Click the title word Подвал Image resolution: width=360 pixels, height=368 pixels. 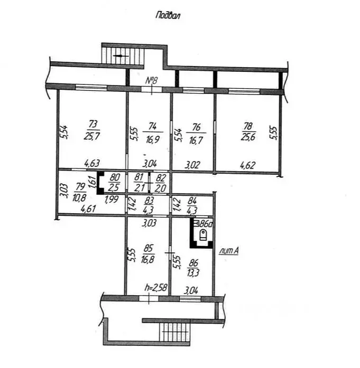point(168,15)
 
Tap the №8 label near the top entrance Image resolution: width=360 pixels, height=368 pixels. point(152,80)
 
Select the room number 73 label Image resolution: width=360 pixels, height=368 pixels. point(93,125)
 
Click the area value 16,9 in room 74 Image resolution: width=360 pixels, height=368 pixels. point(152,139)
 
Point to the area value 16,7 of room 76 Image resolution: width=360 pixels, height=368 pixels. point(196,140)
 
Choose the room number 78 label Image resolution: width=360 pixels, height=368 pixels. point(248,126)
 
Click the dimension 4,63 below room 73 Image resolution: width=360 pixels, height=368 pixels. point(93,163)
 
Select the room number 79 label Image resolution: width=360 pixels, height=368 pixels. point(80,187)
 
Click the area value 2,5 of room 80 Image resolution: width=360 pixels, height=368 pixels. point(114,187)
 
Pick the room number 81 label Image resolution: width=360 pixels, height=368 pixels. point(139,177)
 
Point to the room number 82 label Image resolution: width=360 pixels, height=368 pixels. point(161,177)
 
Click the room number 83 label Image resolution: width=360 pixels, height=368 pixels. point(150,201)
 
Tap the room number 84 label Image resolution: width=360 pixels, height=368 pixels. point(192,201)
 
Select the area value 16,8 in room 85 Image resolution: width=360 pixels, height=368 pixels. point(148,259)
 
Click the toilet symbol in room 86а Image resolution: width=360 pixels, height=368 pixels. point(203,235)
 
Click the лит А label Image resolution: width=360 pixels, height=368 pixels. point(229,251)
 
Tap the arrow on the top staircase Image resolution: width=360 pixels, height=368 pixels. point(121,56)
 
